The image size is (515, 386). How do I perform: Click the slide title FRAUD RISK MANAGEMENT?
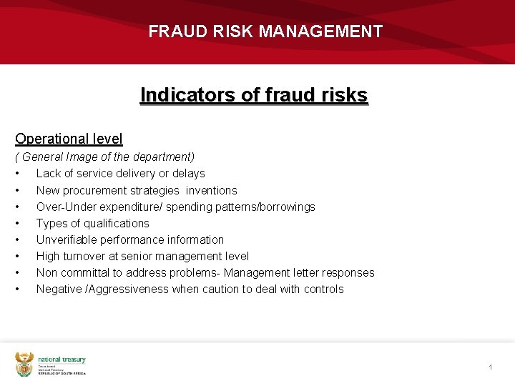(265, 32)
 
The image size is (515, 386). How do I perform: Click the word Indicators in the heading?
(174, 95)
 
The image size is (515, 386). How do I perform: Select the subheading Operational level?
(69, 139)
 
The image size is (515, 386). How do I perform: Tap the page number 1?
(491, 367)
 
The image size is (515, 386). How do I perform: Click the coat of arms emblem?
(25, 365)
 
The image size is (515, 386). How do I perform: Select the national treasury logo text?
(62, 360)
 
